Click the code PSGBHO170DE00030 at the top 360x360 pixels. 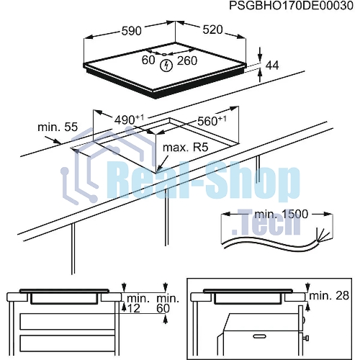pos(291,6)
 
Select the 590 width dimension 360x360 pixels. pos(131,31)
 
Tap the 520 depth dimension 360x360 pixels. pos(212,30)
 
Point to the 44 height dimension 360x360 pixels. pos(272,66)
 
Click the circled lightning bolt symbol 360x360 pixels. pos(166,65)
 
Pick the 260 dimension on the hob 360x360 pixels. pos(187,60)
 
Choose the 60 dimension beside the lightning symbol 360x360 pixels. pos(148,60)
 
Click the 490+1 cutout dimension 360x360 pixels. pos(129,120)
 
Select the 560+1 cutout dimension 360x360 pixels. pos(212,121)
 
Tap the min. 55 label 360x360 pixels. pos(58,127)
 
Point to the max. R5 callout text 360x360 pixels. pos(186,148)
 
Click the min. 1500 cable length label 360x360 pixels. pos(281,214)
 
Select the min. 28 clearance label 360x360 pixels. pos(329,296)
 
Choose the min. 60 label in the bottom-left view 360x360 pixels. pos(168,303)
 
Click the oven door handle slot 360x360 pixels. pos(259,336)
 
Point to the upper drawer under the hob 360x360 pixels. pos(68,321)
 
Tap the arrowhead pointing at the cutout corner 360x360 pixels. pos(159,168)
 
